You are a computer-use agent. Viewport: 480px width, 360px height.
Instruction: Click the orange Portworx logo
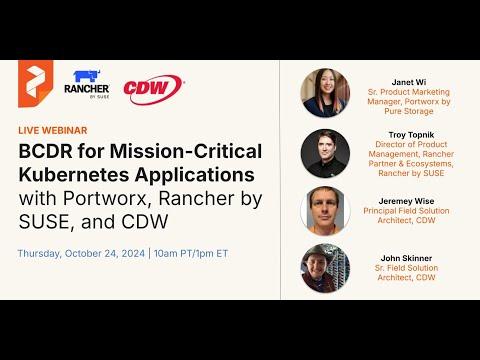35,83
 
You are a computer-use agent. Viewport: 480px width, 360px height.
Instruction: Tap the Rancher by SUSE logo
87,84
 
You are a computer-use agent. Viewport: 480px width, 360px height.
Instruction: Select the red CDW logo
154,89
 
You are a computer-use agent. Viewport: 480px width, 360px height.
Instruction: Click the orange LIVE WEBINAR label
53,130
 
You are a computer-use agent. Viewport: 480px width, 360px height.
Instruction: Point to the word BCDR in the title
46,151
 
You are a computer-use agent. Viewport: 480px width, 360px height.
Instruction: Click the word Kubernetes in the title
73,175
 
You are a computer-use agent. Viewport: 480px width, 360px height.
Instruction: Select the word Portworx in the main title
105,199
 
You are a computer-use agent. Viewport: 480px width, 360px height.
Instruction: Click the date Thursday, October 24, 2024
81,254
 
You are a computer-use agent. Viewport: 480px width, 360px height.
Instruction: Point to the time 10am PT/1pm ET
191,254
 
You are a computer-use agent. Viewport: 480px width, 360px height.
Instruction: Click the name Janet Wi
409,82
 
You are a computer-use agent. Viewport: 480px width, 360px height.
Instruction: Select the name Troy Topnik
411,135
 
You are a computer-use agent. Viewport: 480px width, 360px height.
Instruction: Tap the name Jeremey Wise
406,201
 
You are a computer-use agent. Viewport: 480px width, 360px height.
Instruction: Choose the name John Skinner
406,258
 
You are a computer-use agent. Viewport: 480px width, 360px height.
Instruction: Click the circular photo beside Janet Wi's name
325,93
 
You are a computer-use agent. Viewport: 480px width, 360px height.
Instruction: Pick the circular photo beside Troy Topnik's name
325,154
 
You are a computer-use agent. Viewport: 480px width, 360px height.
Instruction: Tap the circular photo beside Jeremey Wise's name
325,211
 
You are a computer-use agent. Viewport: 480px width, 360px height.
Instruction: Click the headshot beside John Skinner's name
325,268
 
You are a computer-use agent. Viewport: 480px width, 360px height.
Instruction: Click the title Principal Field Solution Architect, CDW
406,216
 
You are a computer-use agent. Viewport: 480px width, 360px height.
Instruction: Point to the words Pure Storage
409,111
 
